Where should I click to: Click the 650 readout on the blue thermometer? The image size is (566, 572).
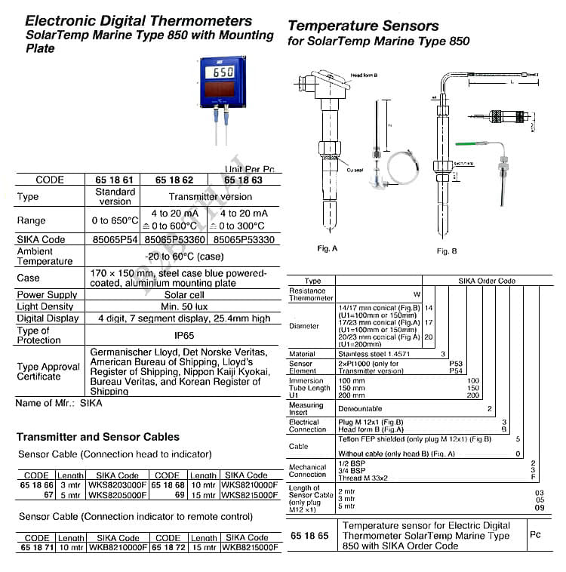(223, 73)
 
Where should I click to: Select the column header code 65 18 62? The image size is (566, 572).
(174, 180)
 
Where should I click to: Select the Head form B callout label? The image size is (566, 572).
(365, 75)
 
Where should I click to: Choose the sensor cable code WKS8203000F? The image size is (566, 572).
(117, 485)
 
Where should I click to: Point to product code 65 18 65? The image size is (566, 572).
(309, 534)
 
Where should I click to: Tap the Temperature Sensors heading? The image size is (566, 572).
(363, 27)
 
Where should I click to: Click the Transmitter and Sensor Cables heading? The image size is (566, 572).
(98, 437)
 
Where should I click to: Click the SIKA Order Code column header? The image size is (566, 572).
(487, 281)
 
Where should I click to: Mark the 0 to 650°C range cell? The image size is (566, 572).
(115, 220)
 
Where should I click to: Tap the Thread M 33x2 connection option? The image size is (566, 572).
(365, 477)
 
